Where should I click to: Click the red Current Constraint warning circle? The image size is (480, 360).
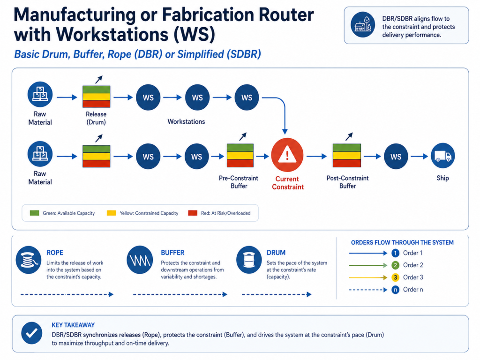pos(287,156)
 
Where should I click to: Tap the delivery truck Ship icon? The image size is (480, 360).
pos(442,156)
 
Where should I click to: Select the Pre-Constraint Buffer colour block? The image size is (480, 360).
pos(240,156)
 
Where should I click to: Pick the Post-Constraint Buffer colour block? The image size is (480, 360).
pos(346,156)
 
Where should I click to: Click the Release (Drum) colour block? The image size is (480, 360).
pos(96,97)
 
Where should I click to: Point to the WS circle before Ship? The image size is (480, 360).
pos(396,156)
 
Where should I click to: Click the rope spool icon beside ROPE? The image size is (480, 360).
pos(28,260)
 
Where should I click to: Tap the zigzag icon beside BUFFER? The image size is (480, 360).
pos(139,260)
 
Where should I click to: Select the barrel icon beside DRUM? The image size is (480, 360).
pos(249,260)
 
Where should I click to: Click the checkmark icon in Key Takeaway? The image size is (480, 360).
pos(31,333)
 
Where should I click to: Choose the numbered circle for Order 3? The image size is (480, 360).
pos(395,277)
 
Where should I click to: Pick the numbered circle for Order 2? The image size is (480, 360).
pos(395,265)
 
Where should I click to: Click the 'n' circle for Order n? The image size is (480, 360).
pos(395,290)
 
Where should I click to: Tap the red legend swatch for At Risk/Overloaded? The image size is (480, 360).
pos(192,213)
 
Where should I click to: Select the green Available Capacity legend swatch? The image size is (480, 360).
pos(34,213)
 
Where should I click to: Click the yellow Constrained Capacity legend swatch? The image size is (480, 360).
pos(112,213)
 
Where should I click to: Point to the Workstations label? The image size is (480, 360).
pos(186,122)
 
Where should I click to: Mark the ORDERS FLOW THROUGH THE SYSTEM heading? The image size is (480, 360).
pos(402,242)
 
